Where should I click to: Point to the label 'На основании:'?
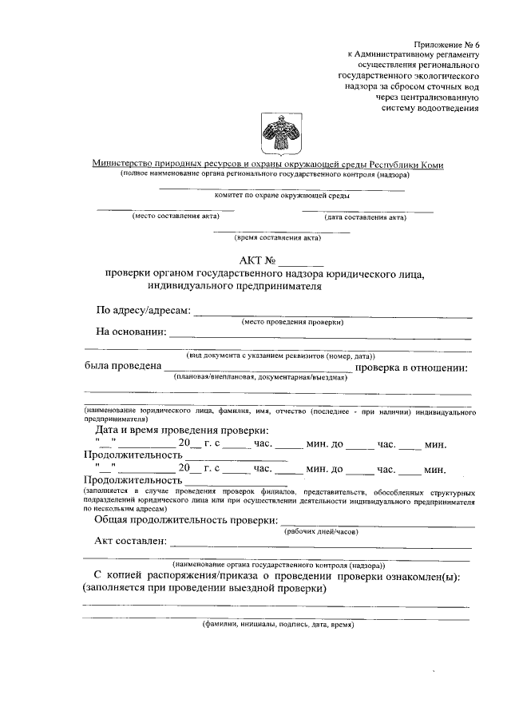131,332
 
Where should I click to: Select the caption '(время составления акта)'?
277,238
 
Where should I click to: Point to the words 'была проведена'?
121,367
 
